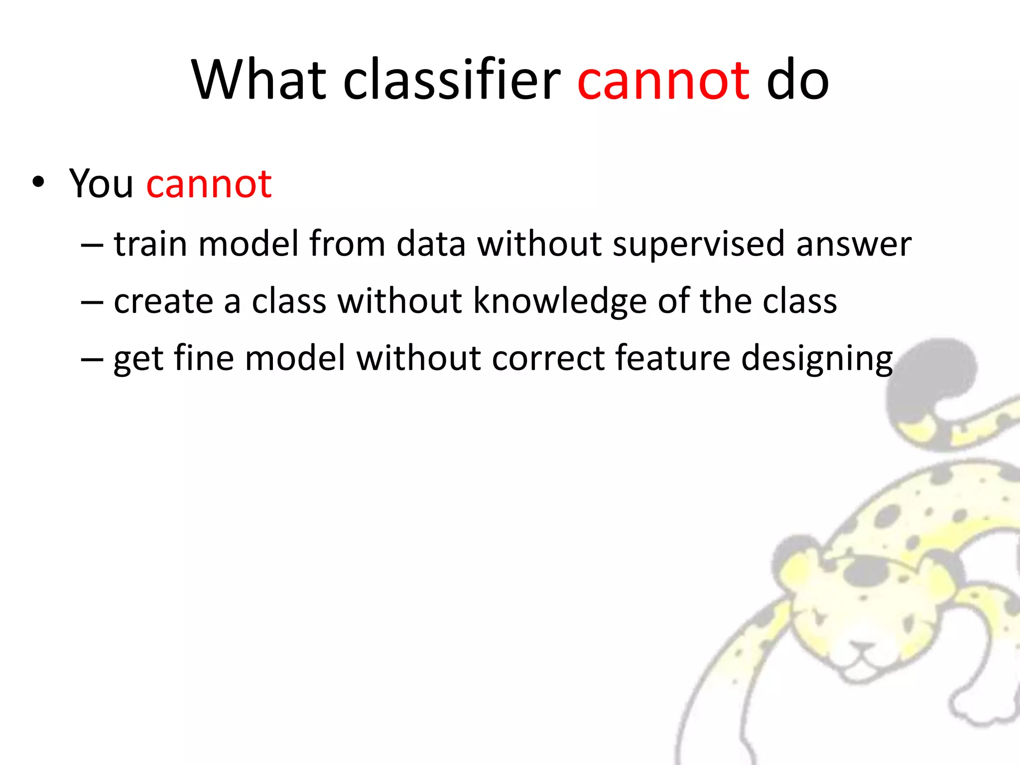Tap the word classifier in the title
tap(452, 80)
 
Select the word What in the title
tap(258, 80)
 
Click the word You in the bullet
tap(101, 184)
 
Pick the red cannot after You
tap(209, 185)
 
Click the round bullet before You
tap(38, 183)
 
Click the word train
tap(150, 244)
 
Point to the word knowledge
tap(560, 302)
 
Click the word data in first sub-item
tap(431, 244)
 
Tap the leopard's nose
tap(861, 647)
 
